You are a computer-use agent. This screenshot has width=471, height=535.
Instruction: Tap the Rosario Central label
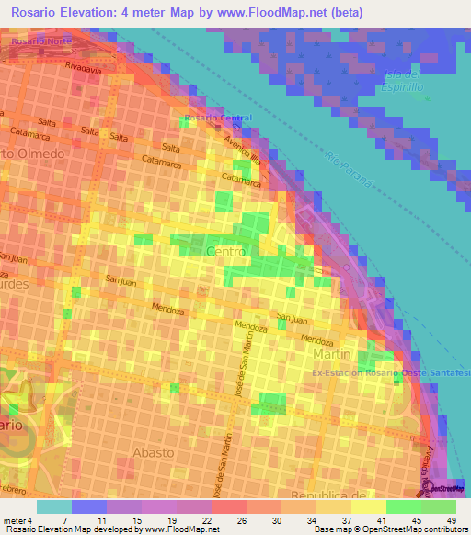[217, 119]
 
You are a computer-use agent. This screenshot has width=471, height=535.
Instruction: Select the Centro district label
[226, 251]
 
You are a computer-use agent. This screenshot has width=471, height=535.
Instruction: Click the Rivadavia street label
[83, 68]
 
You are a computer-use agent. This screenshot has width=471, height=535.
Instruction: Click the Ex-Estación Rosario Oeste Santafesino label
[391, 373]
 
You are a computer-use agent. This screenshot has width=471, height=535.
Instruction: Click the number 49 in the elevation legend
[451, 521]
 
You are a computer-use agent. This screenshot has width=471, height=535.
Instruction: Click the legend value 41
[383, 521]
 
